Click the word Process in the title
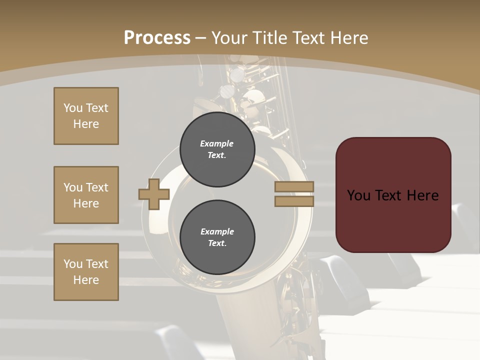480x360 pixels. tap(157, 38)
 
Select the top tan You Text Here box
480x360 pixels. tap(86, 116)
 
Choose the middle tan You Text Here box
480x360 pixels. tap(86, 195)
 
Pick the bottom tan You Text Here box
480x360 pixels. tap(86, 272)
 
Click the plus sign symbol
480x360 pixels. tap(154, 194)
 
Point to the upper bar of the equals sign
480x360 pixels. tap(294, 186)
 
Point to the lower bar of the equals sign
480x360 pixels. tap(294, 201)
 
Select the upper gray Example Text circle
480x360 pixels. tap(217, 149)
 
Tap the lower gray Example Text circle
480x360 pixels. tap(217, 237)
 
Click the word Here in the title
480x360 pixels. tap(350, 38)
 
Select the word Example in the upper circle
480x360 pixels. tap(217, 143)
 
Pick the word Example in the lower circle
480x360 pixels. tap(217, 231)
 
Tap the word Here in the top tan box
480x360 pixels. tap(86, 124)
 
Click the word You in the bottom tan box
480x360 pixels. tap(73, 264)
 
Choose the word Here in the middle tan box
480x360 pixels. tap(86, 203)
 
